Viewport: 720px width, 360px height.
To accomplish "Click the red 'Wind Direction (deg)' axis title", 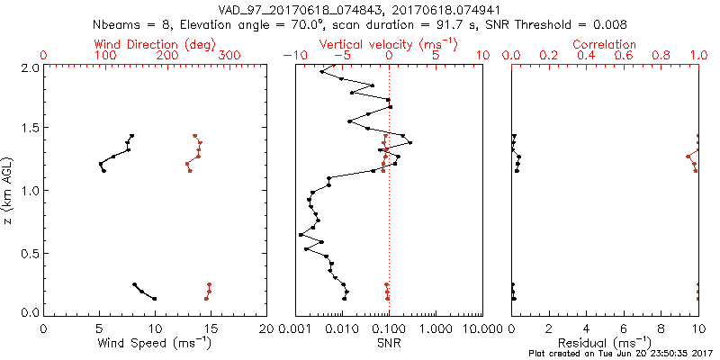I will point(155,43).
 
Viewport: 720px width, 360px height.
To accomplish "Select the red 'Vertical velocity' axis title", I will point(388,43).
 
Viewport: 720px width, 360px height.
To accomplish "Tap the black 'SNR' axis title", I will point(389,343).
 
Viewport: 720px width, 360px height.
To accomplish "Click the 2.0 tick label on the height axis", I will point(29,67).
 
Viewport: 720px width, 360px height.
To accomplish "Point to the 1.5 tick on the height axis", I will point(29,129).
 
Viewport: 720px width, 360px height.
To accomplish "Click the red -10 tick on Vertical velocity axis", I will point(290,56).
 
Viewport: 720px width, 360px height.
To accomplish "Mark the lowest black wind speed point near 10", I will point(155,299).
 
